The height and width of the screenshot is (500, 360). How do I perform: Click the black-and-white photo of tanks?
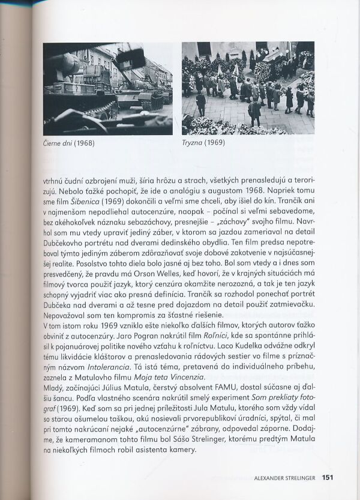pyautogui.click(x=107, y=88)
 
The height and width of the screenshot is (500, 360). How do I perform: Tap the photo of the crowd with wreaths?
pyautogui.click(x=248, y=88)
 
